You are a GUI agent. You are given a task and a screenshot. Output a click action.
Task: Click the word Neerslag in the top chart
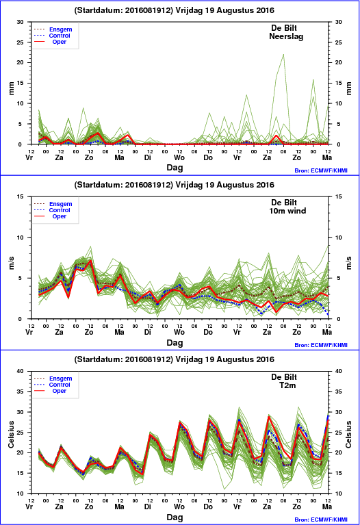pos(286,36)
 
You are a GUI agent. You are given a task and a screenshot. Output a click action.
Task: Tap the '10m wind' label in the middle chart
pos(287,211)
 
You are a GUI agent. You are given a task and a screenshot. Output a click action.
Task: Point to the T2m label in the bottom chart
pos(287,385)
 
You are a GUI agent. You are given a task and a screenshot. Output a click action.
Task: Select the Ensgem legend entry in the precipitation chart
pos(61,29)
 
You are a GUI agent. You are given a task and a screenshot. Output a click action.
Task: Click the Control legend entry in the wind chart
pos(60,210)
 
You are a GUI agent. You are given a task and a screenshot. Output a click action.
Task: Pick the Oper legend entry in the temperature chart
pos(60,391)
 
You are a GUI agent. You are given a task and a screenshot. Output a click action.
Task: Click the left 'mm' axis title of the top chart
pos(12,88)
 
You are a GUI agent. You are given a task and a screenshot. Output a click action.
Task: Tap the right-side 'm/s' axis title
pos(349,263)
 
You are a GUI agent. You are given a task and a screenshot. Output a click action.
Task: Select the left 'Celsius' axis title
pos(11,434)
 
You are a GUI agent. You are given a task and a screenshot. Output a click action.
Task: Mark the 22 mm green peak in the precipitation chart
pos(283,54)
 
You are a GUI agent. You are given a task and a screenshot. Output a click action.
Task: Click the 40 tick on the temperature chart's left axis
pos(20,371)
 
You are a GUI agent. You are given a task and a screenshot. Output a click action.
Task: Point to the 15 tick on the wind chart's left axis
pos(20,196)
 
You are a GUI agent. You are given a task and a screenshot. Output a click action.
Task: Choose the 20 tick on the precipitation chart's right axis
pos(339,62)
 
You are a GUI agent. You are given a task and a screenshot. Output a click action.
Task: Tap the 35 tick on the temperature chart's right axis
pos(339,392)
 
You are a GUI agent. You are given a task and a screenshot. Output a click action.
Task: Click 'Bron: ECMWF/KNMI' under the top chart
pos(321,170)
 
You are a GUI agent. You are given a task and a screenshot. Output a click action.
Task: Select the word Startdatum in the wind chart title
pos(98,185)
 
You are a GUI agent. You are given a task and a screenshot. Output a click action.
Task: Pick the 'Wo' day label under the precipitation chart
pos(179,157)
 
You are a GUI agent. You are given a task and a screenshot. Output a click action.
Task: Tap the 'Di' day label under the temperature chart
pos(148,507)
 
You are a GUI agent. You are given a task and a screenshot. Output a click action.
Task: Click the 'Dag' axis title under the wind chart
pos(175,342)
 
